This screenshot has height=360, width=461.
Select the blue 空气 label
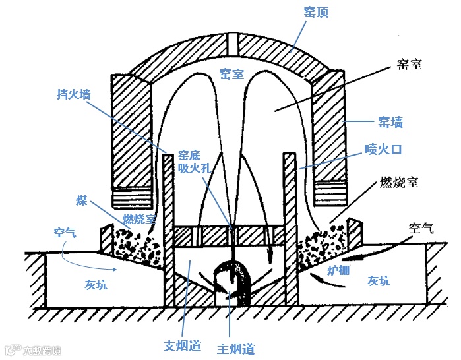coord(66,233)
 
